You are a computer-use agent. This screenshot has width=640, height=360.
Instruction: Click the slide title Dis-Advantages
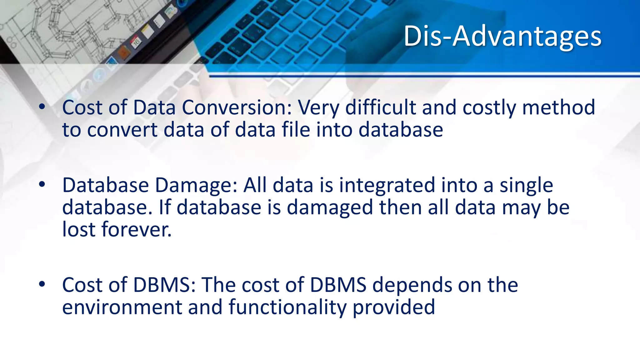pos(502,36)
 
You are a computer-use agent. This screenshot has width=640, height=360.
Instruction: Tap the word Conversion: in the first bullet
pos(237,107)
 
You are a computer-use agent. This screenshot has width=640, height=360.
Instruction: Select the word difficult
pos(380,107)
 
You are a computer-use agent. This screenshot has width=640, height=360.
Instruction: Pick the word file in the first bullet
pos(295,130)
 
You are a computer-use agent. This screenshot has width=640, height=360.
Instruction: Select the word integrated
pos(387,186)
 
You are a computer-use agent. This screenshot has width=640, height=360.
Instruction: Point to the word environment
pos(122,307)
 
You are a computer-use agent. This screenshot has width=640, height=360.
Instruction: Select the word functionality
pos(287,307)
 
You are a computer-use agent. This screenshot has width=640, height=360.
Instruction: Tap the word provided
pos(394,307)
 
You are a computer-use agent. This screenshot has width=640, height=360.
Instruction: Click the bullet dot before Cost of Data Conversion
pos(42,107)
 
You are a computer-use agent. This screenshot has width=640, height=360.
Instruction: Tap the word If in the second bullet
pos(165,207)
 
